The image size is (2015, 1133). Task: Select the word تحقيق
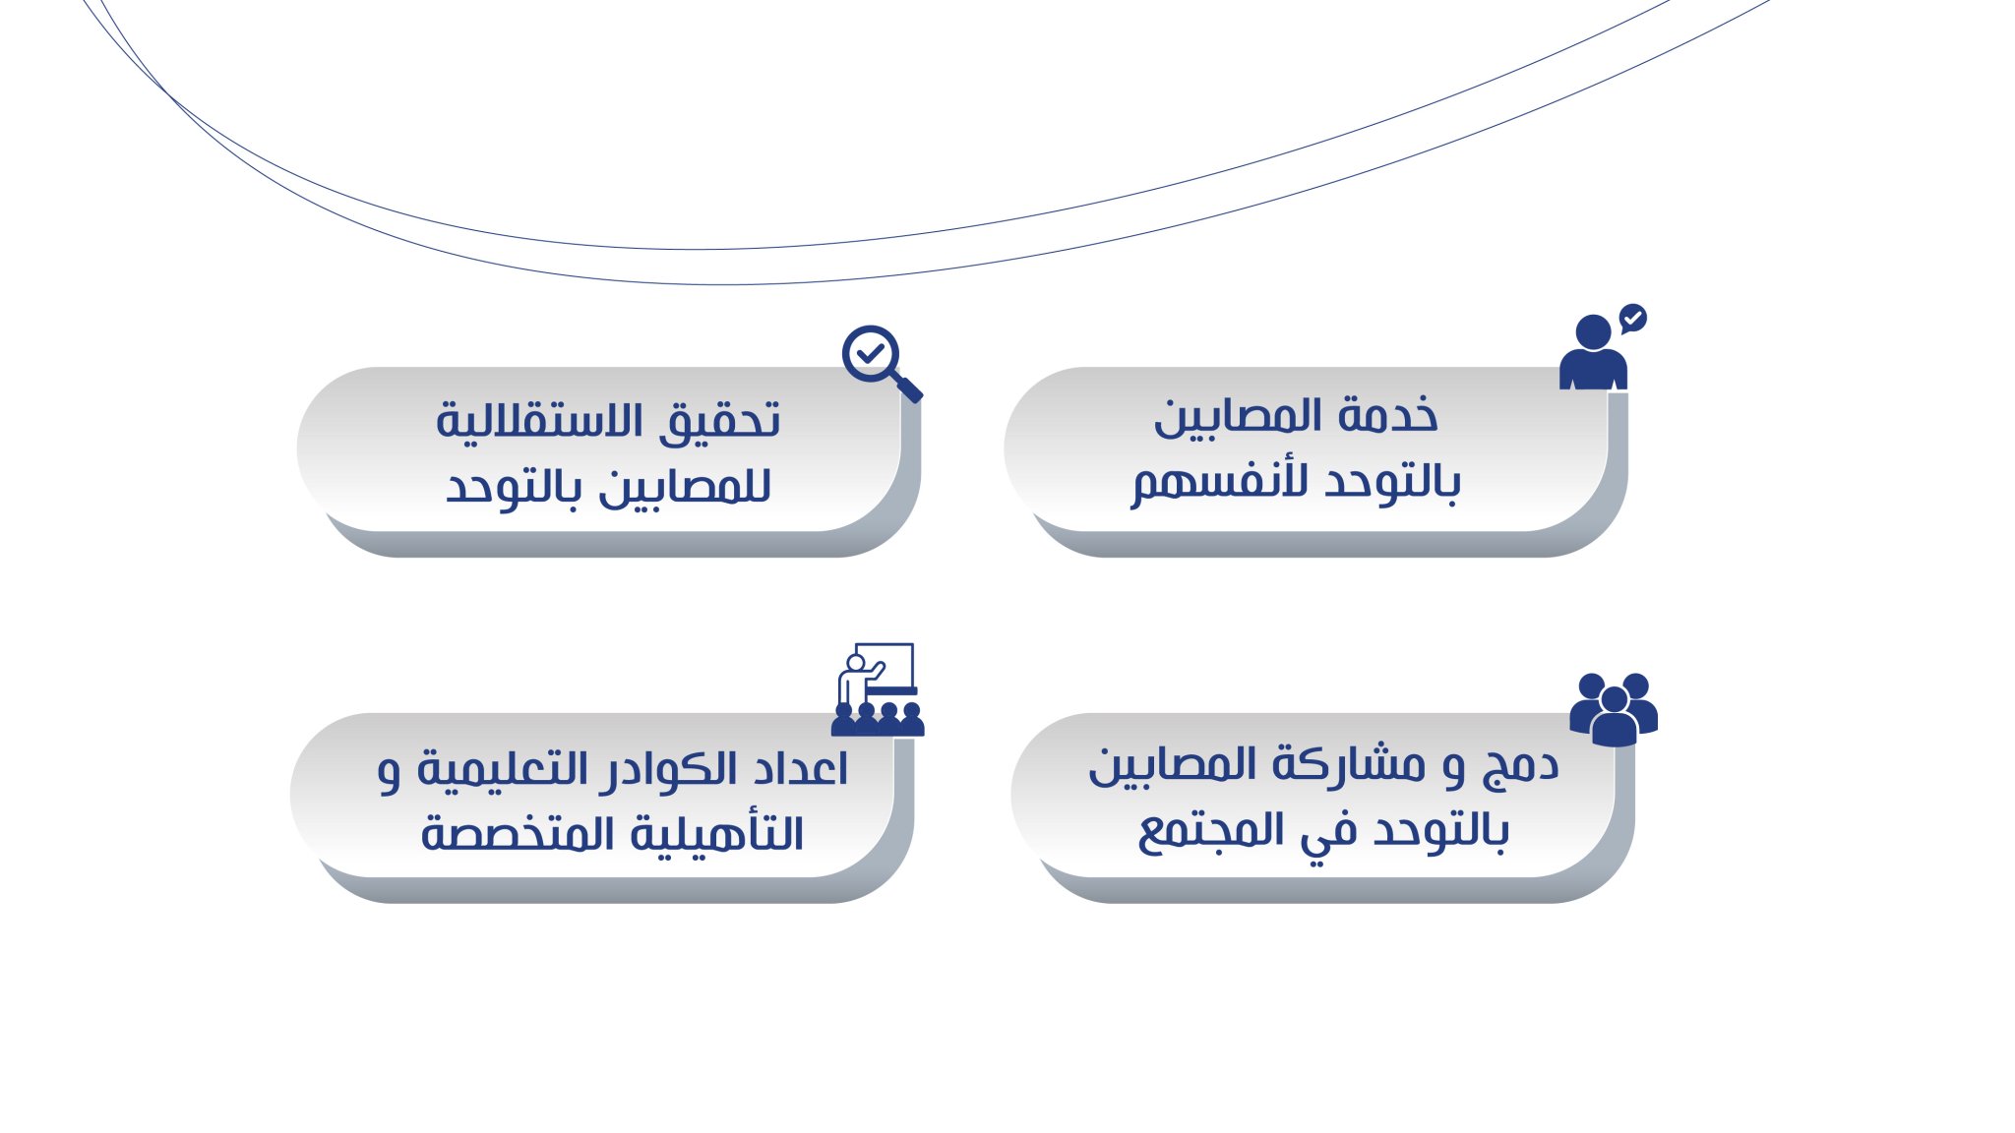coord(720,421)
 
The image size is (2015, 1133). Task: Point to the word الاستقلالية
coord(540,421)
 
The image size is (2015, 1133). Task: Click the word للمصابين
coord(685,486)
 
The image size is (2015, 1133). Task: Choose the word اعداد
coord(799,768)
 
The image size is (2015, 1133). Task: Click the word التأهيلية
coord(716,834)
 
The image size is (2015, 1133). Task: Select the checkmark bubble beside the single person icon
coord(1633,318)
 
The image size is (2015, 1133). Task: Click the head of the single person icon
coord(1593,331)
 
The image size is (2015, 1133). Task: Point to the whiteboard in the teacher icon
coord(885,667)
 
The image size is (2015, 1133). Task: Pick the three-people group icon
coord(1614,709)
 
